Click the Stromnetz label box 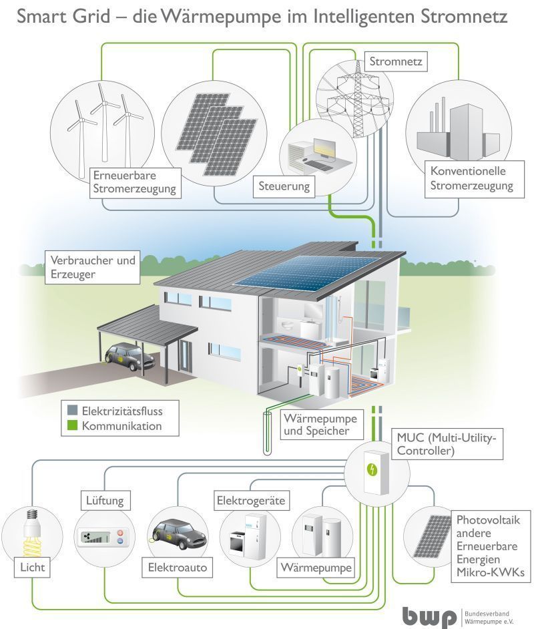coord(396,62)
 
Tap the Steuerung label coord(284,186)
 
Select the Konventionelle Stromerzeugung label coord(475,179)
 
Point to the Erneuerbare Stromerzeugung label coord(135,182)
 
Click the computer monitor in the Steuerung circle coord(324,149)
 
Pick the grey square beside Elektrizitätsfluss coord(72,411)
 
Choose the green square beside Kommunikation coord(72,425)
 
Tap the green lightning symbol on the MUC coord(372,469)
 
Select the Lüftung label coord(105,501)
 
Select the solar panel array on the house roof coord(306,270)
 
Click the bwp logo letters coord(429,616)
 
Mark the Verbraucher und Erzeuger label coord(93,267)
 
